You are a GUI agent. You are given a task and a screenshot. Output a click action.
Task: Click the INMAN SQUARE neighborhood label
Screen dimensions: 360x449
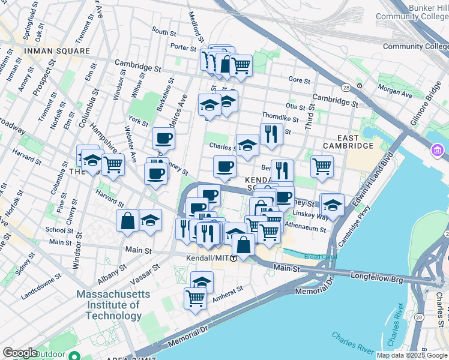point(56,52)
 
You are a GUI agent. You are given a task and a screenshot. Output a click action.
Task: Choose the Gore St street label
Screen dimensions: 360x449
point(299,80)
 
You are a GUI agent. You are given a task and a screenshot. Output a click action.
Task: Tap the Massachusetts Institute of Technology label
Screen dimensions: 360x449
point(109,305)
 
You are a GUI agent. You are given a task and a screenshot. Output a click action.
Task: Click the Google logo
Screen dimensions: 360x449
point(19,353)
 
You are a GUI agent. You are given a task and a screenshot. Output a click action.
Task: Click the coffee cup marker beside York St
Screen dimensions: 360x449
point(163,139)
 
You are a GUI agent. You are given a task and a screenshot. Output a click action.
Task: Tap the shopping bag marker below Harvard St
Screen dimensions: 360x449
point(128,220)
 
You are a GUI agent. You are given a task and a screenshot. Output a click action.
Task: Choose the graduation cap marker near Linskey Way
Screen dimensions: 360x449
point(333,205)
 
